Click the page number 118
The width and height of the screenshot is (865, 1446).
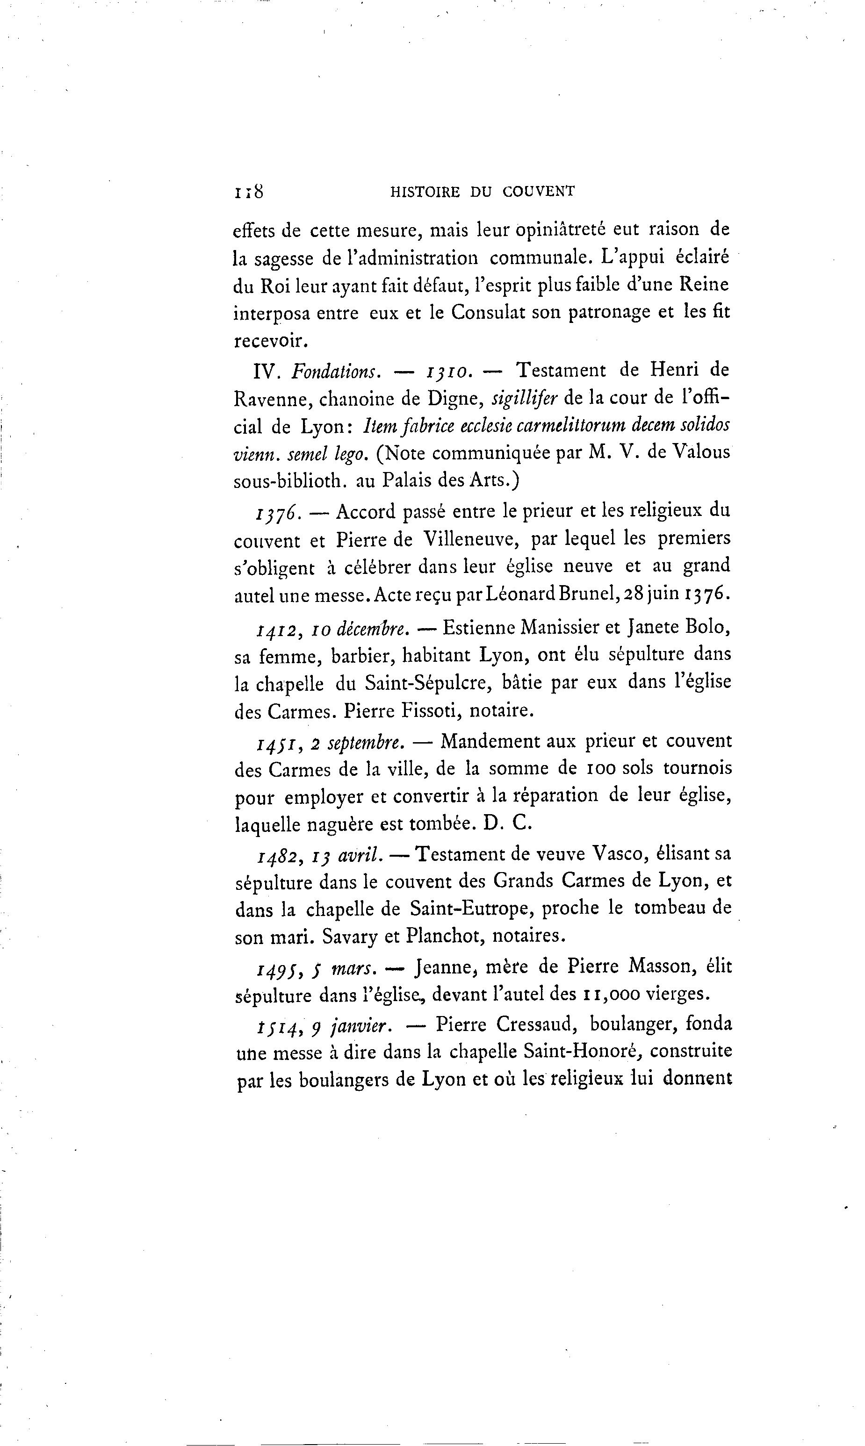tap(249, 192)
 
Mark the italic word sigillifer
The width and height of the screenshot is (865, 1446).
tap(525, 399)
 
